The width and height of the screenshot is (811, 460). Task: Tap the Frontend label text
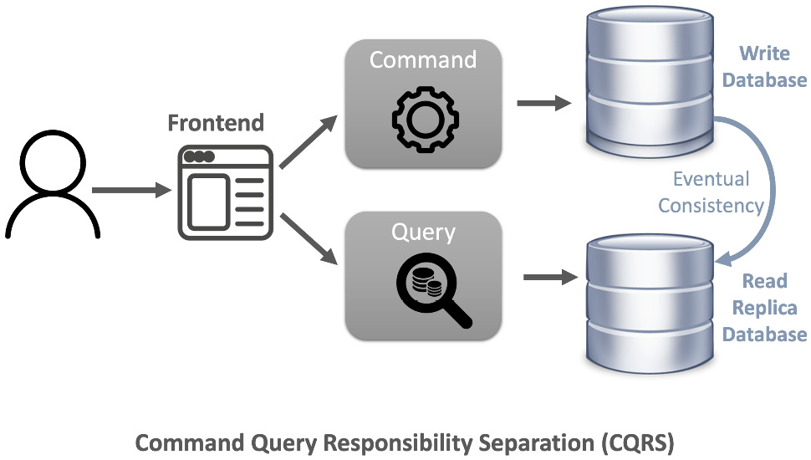(x=216, y=123)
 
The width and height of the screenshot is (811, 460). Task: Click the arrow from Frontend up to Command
(x=308, y=141)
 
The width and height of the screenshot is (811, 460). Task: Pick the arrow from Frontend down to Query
(x=308, y=241)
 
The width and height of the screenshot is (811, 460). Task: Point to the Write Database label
(x=765, y=67)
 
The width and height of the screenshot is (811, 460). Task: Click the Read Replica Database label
(x=765, y=308)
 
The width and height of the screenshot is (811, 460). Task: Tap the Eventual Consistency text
(x=711, y=192)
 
